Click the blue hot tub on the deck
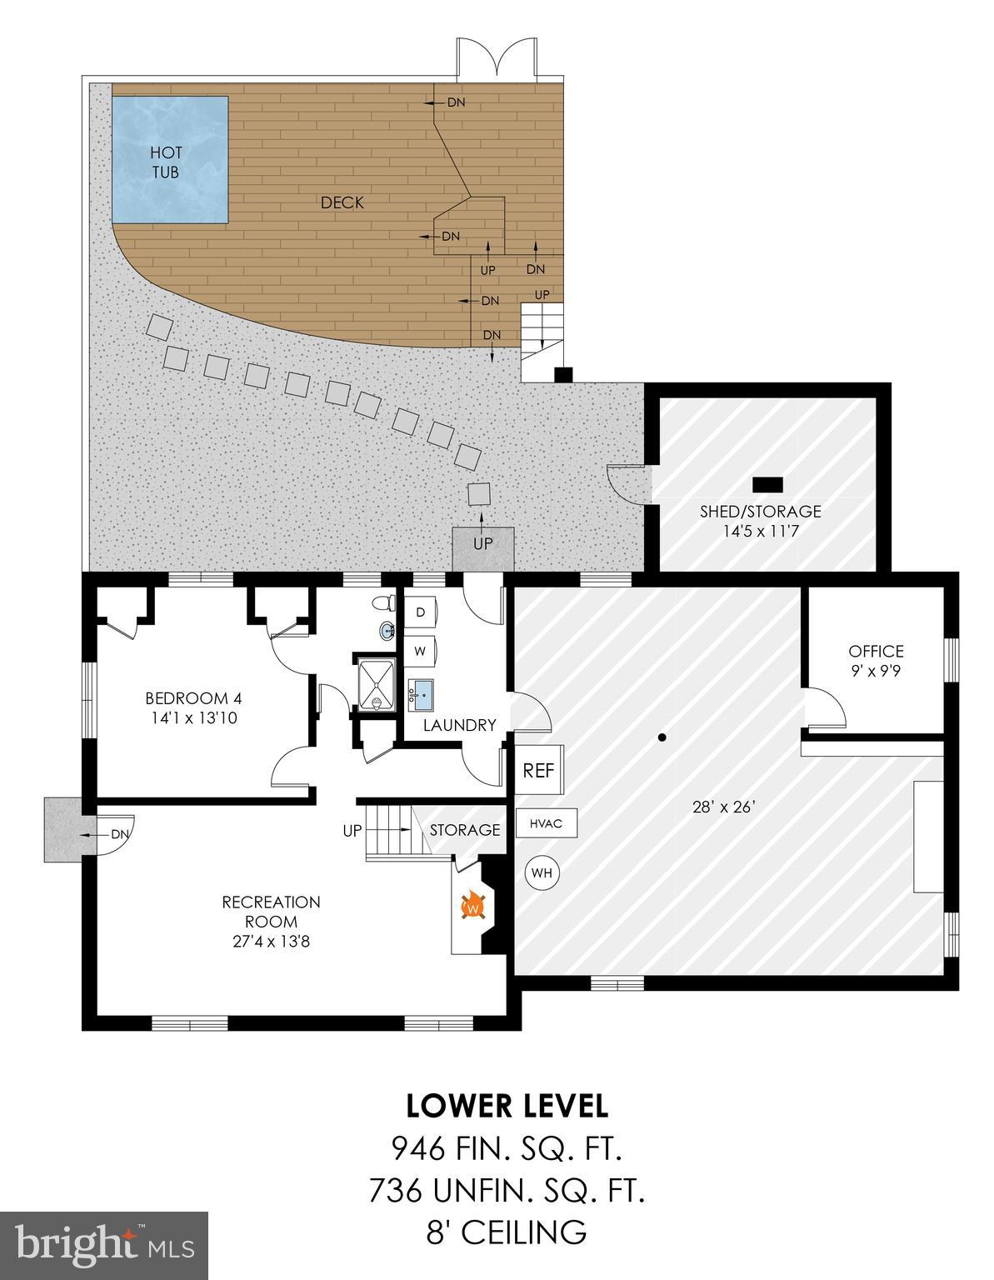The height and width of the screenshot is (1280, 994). click(170, 159)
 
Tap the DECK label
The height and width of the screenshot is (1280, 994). click(342, 202)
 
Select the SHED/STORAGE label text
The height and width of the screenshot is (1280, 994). click(760, 512)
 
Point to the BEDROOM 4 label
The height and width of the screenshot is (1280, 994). click(192, 698)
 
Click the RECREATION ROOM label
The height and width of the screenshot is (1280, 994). click(271, 912)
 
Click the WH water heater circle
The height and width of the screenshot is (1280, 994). click(542, 873)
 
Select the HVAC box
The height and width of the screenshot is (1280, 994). click(546, 824)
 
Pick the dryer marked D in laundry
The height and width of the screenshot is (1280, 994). click(421, 612)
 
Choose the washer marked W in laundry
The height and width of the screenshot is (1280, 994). click(421, 651)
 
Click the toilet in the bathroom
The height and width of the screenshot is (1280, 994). click(382, 602)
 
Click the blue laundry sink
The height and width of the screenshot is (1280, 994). click(422, 692)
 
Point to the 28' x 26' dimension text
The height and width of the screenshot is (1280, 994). click(722, 807)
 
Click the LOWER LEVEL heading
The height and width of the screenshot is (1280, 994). click(507, 1106)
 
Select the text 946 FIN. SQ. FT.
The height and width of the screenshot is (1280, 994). click(507, 1151)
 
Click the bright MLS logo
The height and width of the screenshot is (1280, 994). click(104, 1246)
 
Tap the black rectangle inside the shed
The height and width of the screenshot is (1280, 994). click(767, 484)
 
